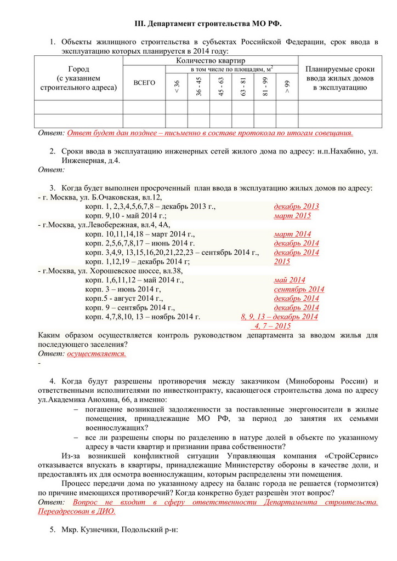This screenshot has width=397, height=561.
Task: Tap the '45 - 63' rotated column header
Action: click(221, 87)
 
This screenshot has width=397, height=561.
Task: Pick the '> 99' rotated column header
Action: click(287, 86)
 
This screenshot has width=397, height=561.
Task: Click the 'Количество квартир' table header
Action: click(210, 60)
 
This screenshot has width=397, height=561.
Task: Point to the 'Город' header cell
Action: click(78, 69)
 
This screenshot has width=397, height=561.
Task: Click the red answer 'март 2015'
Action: click(292, 216)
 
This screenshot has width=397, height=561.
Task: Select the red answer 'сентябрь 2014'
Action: click(299, 289)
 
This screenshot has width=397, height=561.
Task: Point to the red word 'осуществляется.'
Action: click(97, 354)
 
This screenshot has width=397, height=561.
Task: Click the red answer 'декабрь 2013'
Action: click(296, 207)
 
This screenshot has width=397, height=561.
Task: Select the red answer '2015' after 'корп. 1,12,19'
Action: click(282, 262)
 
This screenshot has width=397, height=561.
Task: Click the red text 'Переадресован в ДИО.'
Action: click(76, 511)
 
